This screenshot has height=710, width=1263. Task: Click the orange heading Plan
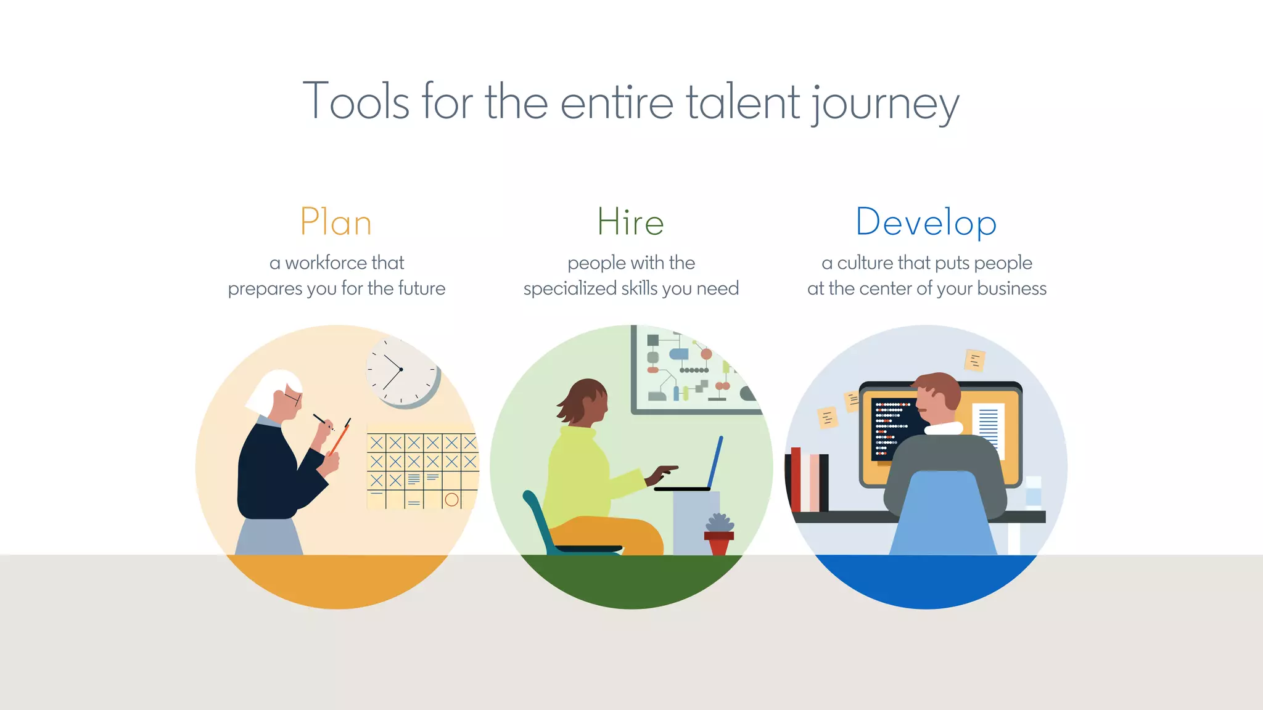pyautogui.click(x=336, y=222)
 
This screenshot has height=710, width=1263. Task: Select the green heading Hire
pyautogui.click(x=630, y=222)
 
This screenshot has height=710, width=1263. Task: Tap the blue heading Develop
pyautogui.click(x=926, y=222)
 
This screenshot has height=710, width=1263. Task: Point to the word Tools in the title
pyautogui.click(x=356, y=102)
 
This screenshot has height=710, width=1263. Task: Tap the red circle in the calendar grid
pyautogui.click(x=451, y=500)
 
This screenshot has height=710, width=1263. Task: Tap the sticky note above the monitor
pyautogui.click(x=974, y=360)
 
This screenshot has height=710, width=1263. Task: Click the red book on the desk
pyautogui.click(x=796, y=479)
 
